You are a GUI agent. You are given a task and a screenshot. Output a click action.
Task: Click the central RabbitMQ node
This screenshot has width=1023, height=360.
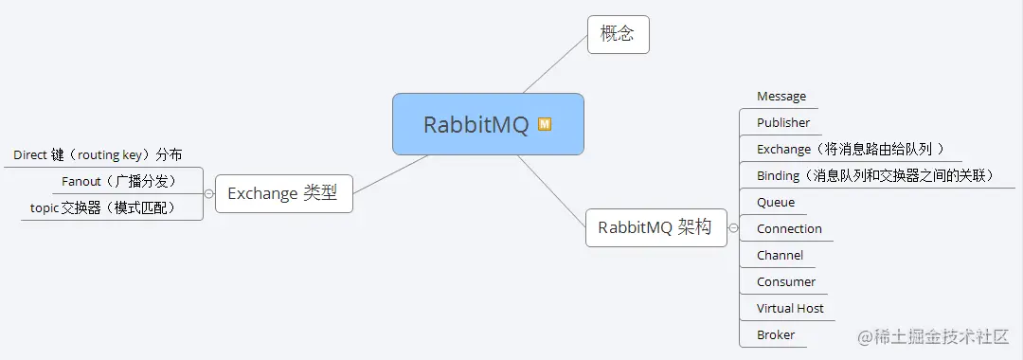(x=487, y=124)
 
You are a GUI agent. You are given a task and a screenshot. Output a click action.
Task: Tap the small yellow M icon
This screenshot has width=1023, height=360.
(x=545, y=124)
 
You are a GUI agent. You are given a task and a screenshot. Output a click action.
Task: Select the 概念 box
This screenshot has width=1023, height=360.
(x=618, y=35)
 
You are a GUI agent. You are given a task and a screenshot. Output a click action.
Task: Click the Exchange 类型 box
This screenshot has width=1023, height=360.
(x=283, y=193)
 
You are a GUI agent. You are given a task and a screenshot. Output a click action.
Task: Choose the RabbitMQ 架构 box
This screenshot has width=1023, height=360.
(x=655, y=227)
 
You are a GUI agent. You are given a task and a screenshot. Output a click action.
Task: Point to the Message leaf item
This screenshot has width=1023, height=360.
(x=781, y=97)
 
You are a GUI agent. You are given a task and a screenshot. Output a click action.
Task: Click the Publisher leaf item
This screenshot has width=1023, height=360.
(x=783, y=123)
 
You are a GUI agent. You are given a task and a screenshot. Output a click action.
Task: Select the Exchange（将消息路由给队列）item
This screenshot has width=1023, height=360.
(x=850, y=150)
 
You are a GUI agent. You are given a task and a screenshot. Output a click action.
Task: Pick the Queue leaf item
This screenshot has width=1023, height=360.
(x=776, y=203)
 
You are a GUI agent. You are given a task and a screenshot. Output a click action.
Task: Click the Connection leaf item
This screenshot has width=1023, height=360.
(x=789, y=229)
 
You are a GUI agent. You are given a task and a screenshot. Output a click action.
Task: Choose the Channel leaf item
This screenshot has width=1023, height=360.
(x=780, y=256)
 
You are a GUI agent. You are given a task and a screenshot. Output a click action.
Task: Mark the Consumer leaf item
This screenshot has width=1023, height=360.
(x=786, y=282)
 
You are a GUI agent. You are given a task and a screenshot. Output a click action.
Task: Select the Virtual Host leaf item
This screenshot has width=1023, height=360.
(x=790, y=309)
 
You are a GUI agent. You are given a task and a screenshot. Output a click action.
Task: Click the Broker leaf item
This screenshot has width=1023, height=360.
(x=776, y=335)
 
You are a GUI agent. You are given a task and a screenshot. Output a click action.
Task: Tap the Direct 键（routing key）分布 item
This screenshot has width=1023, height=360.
(x=98, y=154)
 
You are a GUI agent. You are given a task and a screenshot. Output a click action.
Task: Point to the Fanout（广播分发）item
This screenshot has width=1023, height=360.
(x=119, y=181)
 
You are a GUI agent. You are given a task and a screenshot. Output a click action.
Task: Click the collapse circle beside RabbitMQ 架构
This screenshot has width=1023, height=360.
(x=733, y=227)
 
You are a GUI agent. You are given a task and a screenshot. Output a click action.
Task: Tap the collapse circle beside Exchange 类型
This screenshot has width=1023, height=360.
(x=208, y=193)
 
